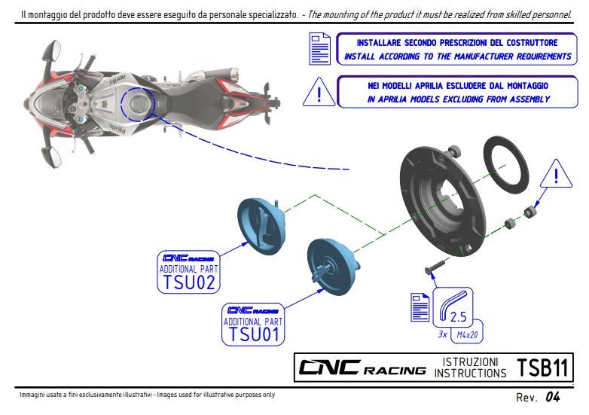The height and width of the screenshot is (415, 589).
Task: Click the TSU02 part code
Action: [x=188, y=282]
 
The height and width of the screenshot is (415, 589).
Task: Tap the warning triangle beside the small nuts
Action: [x=556, y=175]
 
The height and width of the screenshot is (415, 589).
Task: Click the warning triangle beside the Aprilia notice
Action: [x=319, y=93]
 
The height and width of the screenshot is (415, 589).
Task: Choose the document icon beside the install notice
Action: [x=319, y=48]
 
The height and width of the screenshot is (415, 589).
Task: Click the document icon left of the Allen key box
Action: [x=420, y=308]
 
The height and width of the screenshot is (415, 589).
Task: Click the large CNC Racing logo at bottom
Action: [x=362, y=368]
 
